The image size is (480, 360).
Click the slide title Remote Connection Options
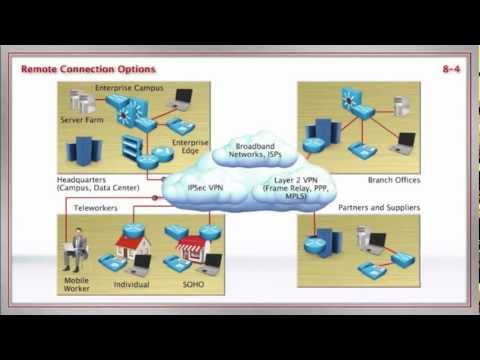click(89, 70)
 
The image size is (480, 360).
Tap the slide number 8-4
click(449, 70)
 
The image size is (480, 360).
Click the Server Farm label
click(81, 119)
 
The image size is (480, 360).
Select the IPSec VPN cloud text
click(211, 186)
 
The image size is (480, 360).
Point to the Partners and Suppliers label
click(380, 208)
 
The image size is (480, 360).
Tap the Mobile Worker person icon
click(76, 251)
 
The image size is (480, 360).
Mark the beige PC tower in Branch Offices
click(400, 105)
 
